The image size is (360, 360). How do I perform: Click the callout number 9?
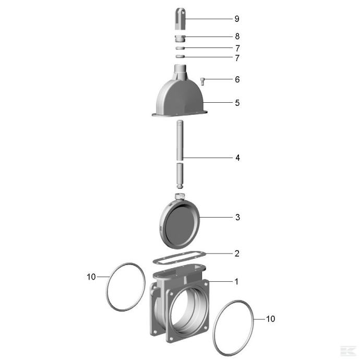[237, 19]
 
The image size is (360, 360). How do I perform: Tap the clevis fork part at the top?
[180, 19]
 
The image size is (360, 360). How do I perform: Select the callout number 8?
[237, 37]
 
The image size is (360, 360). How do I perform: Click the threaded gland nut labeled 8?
[180, 38]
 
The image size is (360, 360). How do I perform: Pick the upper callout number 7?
[237, 48]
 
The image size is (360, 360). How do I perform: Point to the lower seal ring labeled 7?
[180, 56]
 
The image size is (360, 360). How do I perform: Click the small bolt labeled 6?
[202, 81]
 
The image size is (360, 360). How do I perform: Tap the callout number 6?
[237, 79]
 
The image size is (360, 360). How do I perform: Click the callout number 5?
[237, 103]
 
